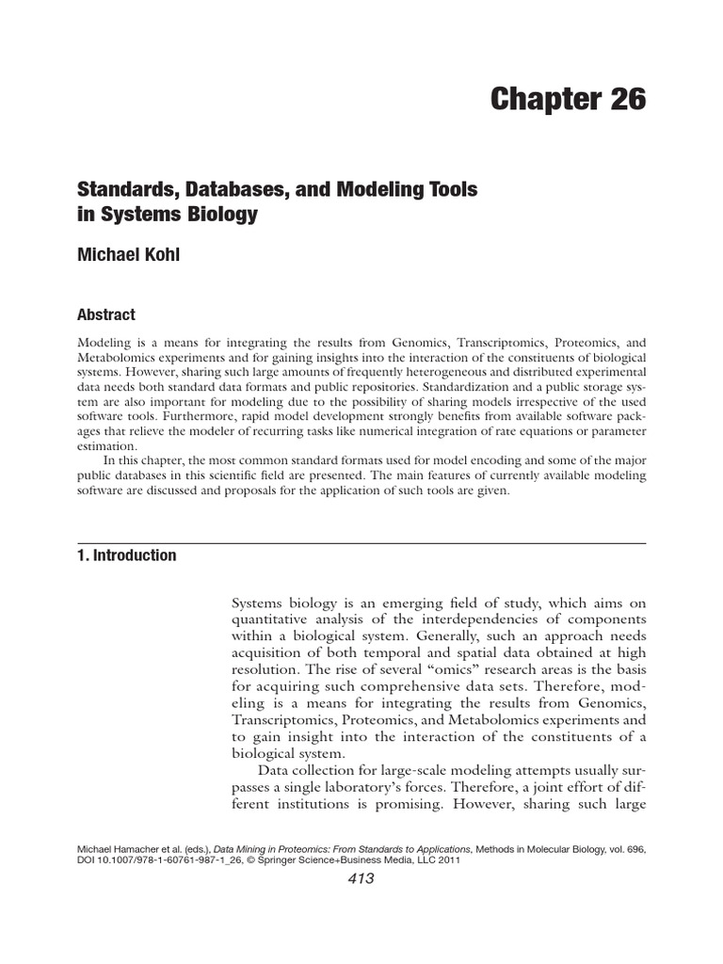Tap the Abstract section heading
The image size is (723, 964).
tap(106, 315)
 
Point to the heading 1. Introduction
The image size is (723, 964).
tap(126, 555)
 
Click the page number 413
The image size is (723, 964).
tap(361, 879)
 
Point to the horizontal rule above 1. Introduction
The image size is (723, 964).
tap(361, 543)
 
